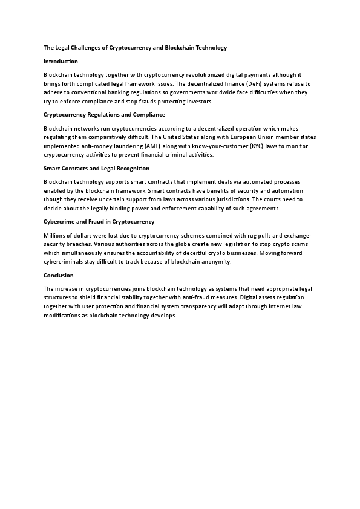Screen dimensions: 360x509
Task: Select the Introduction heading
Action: pyautogui.click(x=61, y=62)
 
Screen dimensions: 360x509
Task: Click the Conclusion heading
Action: pyautogui.click(x=59, y=275)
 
